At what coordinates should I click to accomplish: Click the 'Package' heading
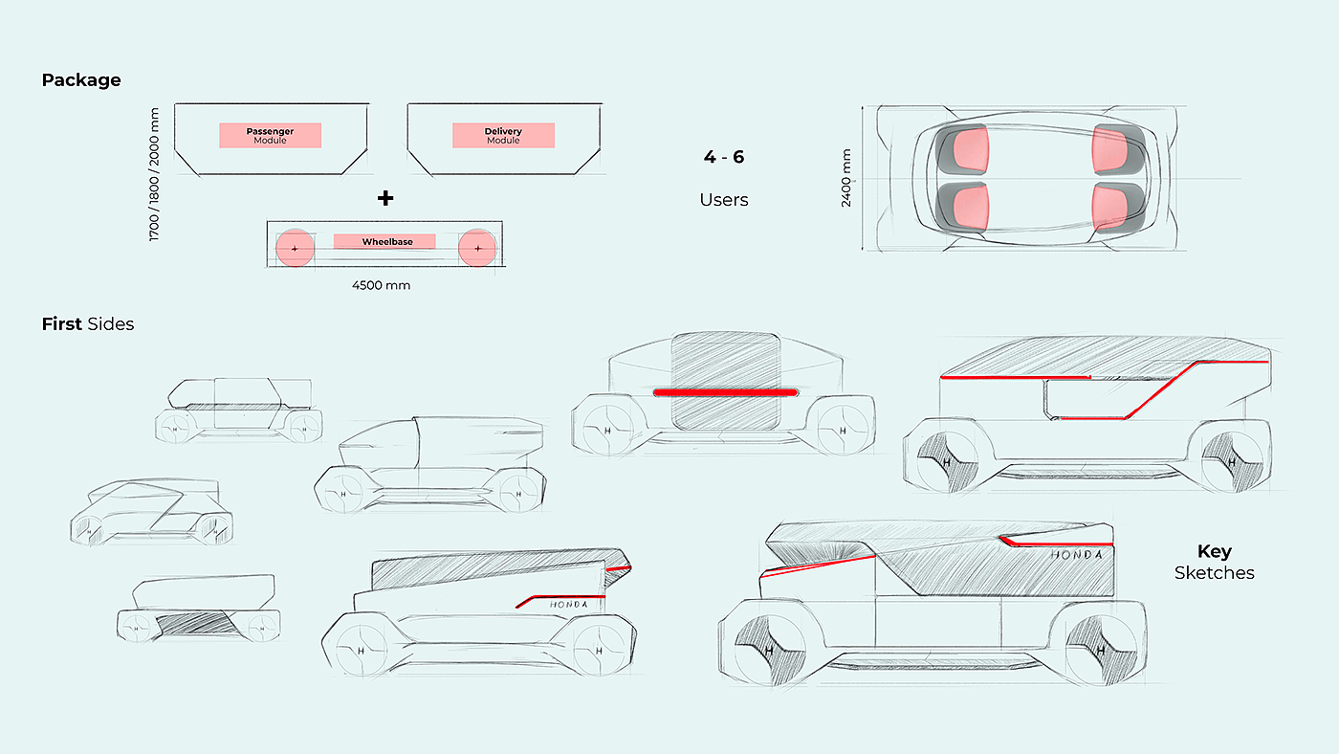[x=81, y=80]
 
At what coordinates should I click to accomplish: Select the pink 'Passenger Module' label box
[x=270, y=135]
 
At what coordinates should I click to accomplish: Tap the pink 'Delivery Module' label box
[x=503, y=135]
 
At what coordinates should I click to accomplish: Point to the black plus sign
[x=384, y=198]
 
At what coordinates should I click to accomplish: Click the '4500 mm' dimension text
[x=381, y=285]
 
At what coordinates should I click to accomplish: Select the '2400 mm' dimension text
[x=847, y=179]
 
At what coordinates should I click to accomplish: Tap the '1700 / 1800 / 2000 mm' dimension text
[x=155, y=174]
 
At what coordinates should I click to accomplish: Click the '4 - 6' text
[x=724, y=157]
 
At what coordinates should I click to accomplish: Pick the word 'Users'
[x=724, y=200]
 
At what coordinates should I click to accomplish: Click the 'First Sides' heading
[x=88, y=324]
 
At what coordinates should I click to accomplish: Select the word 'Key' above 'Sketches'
[x=1215, y=551]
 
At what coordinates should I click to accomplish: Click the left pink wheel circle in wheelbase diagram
[x=295, y=249]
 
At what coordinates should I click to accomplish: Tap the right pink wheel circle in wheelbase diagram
[x=477, y=249]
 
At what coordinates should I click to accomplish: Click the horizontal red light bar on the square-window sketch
[x=726, y=392]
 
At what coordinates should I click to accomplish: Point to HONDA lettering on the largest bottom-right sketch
[x=1076, y=554]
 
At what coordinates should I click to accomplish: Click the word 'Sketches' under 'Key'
[x=1215, y=573]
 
